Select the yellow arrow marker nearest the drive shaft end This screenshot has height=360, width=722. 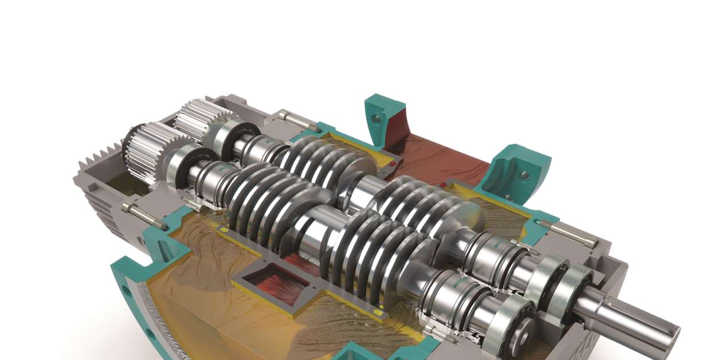point(379,312)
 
